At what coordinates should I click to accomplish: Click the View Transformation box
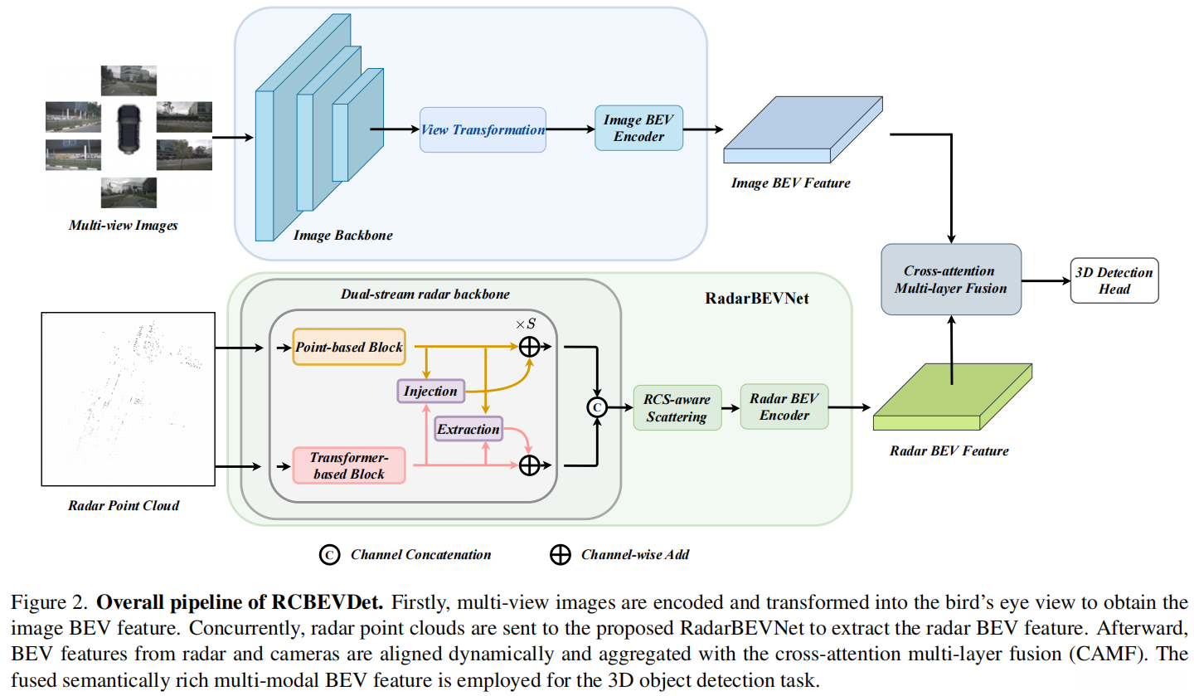(483, 129)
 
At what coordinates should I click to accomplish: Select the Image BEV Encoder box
(638, 128)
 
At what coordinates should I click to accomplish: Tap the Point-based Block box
(349, 347)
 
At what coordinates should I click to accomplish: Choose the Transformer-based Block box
(348, 465)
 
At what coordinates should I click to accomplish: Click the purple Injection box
(430, 390)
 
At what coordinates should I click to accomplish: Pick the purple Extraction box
(468, 428)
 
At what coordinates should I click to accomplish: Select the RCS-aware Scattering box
(677, 407)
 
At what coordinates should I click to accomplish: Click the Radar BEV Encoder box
(784, 406)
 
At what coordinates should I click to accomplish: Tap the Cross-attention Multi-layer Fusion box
(950, 280)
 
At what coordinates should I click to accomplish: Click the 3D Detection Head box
(1113, 280)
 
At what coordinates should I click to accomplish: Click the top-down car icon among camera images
(129, 128)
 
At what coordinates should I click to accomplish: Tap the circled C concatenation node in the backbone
(596, 406)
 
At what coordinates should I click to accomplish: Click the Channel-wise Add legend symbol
(561, 554)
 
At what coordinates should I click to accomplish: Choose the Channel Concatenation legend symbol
(329, 554)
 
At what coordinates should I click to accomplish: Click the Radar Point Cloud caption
(124, 504)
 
